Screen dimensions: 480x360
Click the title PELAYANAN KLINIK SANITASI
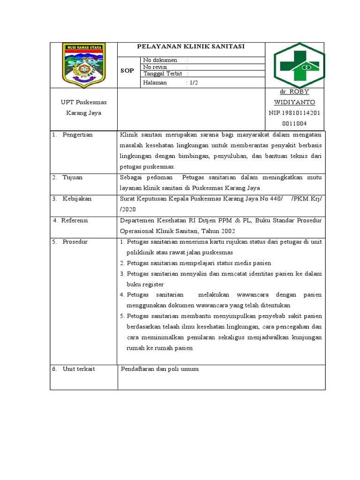(191, 46)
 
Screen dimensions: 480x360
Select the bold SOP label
(127, 71)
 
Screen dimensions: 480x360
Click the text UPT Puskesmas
(83, 102)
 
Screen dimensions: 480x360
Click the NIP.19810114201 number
(294, 113)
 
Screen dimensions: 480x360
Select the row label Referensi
(75, 220)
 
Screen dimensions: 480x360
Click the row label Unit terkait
(79, 369)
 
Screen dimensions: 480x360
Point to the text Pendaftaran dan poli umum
(160, 369)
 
